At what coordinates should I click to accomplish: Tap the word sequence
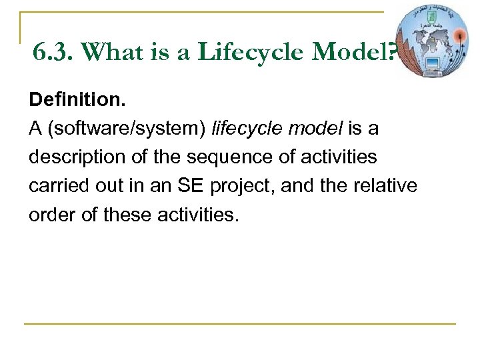point(221,157)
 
